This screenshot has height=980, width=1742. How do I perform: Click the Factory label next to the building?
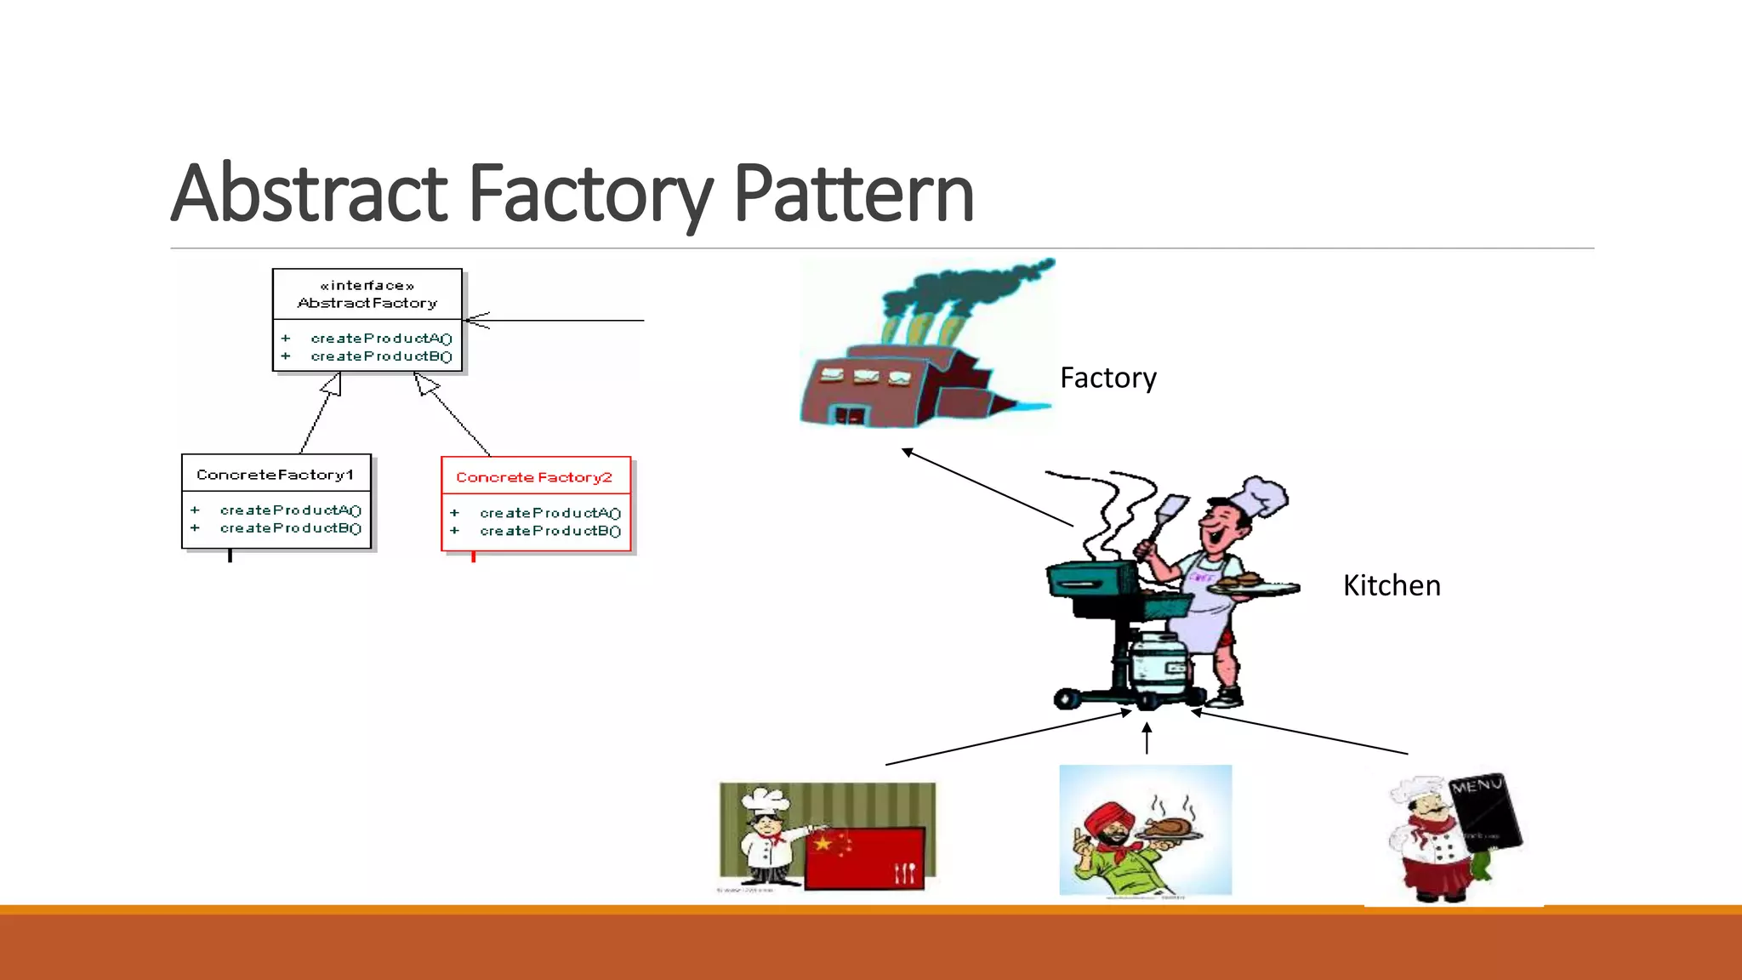[x=1107, y=378]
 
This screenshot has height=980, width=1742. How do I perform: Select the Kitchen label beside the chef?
[x=1392, y=585]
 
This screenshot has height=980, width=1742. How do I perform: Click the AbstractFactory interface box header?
[x=367, y=294]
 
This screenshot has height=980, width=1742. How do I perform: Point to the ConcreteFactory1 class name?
[x=275, y=475]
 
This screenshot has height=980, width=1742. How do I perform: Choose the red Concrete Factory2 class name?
[x=534, y=477]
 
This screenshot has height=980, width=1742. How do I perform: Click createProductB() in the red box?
[x=549, y=531]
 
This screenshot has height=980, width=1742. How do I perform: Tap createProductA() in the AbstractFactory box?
[x=381, y=339]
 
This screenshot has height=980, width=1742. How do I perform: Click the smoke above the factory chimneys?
[x=961, y=289]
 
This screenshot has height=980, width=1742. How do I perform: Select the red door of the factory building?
[x=849, y=416]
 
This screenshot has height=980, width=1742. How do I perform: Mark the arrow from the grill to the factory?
[x=987, y=487]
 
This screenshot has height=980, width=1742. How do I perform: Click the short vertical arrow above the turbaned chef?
[x=1147, y=738]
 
